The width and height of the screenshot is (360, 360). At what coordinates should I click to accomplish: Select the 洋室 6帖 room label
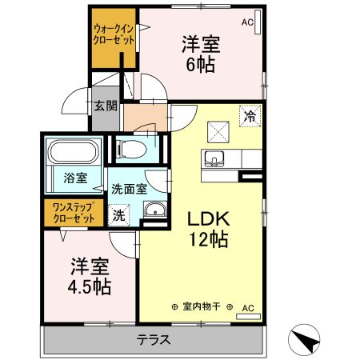click(200, 54)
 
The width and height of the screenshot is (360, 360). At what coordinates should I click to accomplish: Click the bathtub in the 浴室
click(74, 152)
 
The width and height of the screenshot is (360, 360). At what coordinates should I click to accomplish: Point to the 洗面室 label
click(128, 190)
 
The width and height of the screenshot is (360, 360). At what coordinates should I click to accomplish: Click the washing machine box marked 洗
click(118, 214)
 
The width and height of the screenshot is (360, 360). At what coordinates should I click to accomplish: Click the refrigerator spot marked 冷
click(250, 115)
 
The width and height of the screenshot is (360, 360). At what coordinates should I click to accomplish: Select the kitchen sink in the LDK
click(214, 158)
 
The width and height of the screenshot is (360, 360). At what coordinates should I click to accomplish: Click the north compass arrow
click(308, 341)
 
